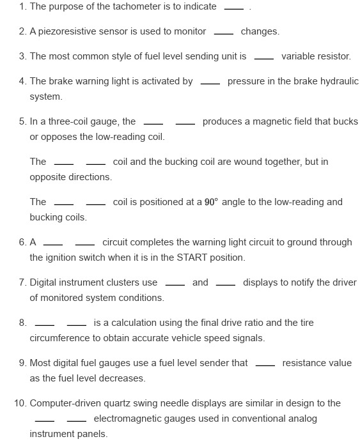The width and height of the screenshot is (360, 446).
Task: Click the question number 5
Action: point(22,121)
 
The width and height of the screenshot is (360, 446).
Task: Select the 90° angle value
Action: point(212,203)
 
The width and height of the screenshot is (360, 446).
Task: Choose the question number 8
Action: point(22,323)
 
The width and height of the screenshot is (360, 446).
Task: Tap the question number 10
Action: point(20,403)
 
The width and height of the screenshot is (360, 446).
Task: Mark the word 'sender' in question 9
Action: point(232,363)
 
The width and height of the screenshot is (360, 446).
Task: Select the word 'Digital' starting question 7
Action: point(43,282)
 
